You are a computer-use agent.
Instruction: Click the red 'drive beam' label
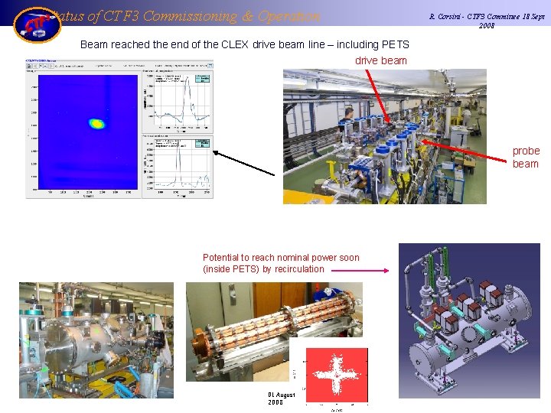tap(381, 60)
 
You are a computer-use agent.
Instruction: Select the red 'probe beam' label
tap(526, 158)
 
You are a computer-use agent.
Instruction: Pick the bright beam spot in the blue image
tap(96, 122)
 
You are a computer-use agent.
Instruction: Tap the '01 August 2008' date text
tap(281, 398)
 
